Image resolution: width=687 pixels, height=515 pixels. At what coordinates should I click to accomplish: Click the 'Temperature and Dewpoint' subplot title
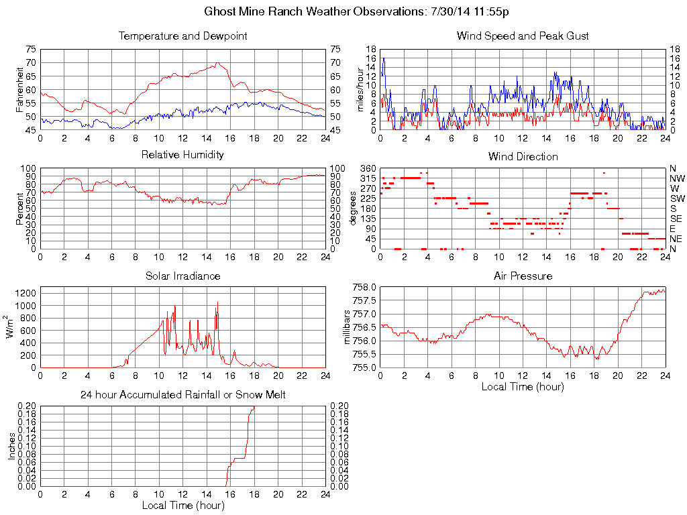(x=182, y=36)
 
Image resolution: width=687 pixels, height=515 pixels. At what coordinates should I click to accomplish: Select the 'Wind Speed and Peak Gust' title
(x=523, y=36)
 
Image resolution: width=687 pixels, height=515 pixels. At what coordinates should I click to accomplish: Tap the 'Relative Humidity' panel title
(x=182, y=156)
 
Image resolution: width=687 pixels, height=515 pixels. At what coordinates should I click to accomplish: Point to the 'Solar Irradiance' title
(x=182, y=276)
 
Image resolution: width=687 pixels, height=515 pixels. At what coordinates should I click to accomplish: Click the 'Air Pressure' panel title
(x=523, y=276)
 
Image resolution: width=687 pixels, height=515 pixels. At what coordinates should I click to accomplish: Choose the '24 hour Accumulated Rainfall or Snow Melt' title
(x=182, y=396)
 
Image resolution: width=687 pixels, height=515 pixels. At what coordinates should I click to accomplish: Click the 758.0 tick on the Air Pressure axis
(x=364, y=287)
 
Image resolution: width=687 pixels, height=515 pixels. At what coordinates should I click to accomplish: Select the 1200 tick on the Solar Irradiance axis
(x=25, y=293)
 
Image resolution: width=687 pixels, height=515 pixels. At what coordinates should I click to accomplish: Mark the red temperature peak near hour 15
(x=218, y=63)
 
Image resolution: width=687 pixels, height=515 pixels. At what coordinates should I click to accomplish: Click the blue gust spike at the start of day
(x=383, y=58)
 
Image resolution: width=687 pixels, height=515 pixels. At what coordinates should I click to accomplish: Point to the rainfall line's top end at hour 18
(x=254, y=407)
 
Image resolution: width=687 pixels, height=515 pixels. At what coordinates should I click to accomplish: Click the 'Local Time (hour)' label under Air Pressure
(x=523, y=387)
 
